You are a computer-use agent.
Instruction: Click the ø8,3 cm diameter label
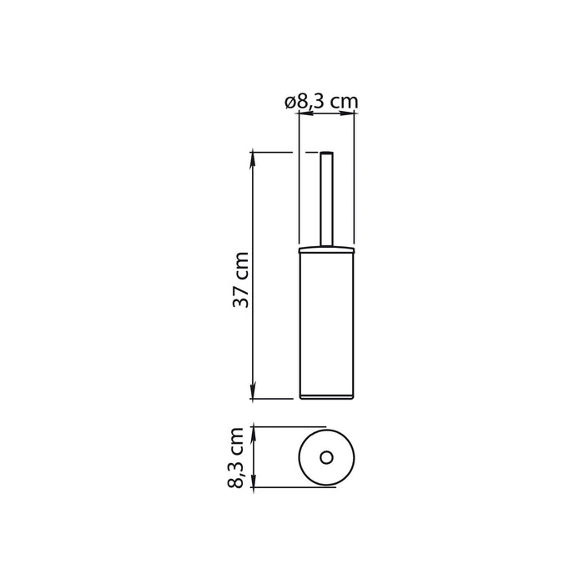tap(321, 102)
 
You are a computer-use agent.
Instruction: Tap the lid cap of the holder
tap(326, 248)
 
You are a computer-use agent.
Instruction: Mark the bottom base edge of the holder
tap(326, 398)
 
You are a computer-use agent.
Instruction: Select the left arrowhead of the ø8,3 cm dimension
tap(303, 117)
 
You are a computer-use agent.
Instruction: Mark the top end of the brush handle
tap(326, 154)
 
